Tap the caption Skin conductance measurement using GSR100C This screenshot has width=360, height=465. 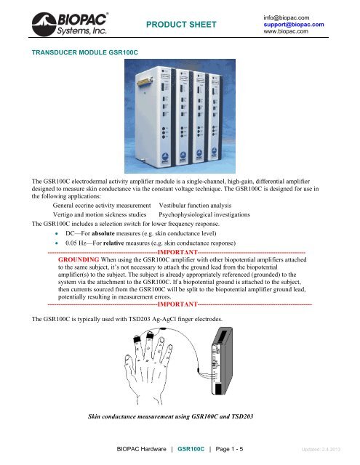coord(170,418)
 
